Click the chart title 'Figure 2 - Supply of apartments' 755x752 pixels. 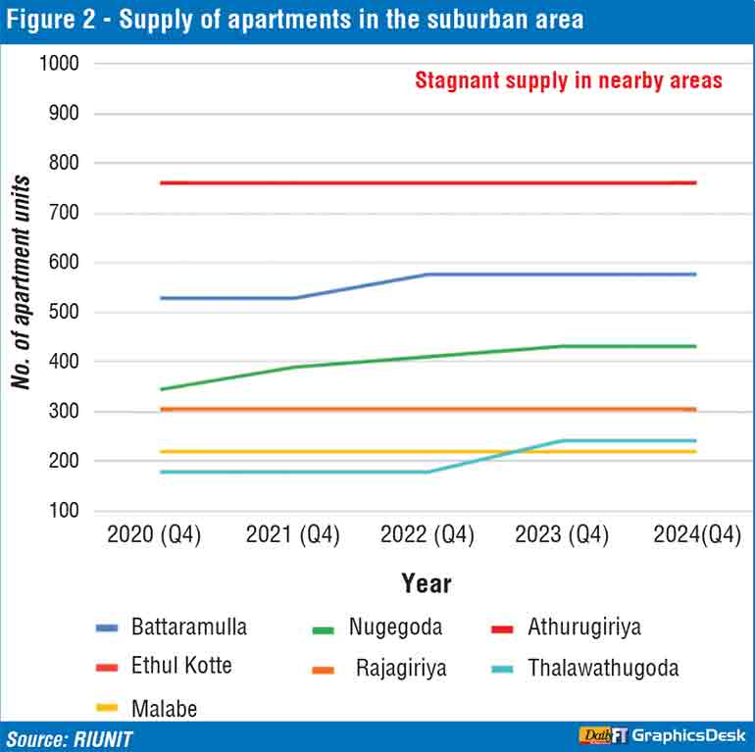294,19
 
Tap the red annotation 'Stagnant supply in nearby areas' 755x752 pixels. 569,80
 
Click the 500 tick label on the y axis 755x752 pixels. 65,313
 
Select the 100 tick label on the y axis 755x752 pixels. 65,511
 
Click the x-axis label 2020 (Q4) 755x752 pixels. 154,535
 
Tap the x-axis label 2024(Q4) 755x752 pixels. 695,535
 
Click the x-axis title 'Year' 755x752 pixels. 427,584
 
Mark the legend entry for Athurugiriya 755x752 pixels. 583,627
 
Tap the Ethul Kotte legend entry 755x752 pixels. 181,666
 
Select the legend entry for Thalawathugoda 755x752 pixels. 603,669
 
